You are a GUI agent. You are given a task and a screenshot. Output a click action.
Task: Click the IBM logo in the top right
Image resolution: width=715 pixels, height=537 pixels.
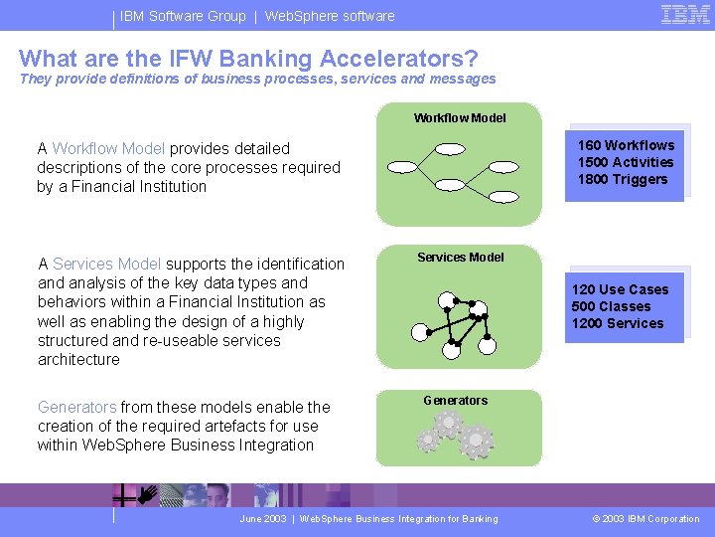coord(685,14)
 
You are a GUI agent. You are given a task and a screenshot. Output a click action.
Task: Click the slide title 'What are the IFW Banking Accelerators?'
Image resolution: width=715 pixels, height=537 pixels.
coord(248,58)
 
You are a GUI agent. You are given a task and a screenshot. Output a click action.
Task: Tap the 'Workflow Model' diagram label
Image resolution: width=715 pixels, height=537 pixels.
coord(460,118)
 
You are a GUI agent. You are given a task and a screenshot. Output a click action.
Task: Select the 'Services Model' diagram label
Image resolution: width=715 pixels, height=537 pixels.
coord(460,258)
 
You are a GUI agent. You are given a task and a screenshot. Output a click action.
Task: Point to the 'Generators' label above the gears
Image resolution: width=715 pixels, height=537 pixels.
coord(455,401)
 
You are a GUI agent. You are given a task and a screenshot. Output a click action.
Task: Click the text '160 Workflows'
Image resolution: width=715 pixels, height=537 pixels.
coord(626,145)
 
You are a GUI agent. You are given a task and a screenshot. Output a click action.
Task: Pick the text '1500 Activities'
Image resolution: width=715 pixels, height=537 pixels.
coord(626,162)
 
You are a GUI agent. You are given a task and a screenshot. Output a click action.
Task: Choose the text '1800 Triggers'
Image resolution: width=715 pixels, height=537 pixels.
coord(623,179)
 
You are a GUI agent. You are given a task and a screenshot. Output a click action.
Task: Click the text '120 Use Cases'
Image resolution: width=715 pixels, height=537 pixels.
coord(620,289)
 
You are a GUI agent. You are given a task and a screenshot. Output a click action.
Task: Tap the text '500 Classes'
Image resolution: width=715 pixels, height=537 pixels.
coord(611,306)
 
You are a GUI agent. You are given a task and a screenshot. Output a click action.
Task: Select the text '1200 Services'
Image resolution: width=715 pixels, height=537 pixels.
coord(618,323)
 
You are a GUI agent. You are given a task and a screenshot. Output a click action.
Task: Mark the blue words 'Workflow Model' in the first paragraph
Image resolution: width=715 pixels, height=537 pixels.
coord(108,148)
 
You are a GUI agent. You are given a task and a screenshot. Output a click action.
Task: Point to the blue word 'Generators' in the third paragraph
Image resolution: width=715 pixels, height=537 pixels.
coord(76,407)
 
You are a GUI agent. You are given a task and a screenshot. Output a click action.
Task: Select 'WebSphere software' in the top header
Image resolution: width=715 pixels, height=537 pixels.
coord(330,16)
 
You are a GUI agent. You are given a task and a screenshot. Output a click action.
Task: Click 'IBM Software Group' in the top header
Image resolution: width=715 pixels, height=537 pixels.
coord(183,16)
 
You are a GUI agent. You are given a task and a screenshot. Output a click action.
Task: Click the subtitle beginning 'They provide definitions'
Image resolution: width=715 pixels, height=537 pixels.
coord(257,79)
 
